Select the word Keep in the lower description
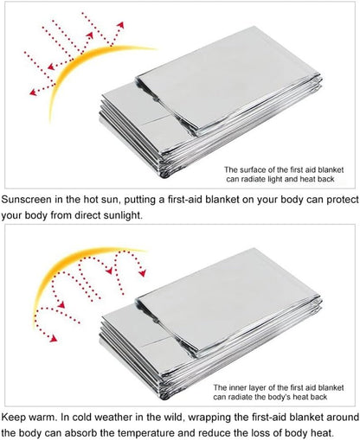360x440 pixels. click(14, 418)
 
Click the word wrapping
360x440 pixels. click(210, 418)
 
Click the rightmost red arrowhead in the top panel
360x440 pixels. click(121, 25)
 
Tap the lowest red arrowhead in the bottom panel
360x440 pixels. click(54, 339)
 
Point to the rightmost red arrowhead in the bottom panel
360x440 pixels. click(143, 273)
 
